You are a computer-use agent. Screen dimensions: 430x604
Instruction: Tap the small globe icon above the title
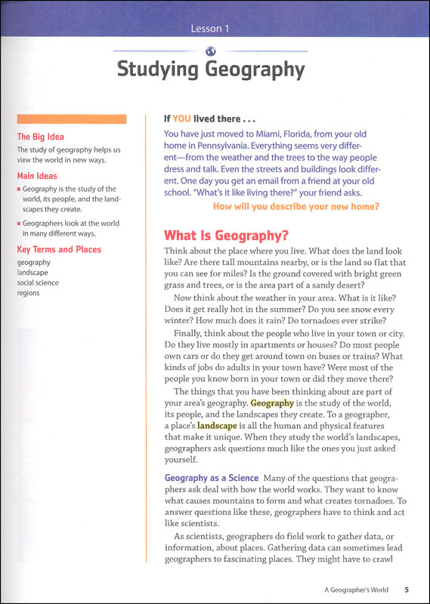(211, 51)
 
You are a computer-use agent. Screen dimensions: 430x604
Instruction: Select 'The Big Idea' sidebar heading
(41, 137)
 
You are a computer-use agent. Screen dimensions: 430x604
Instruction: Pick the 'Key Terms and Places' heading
(59, 249)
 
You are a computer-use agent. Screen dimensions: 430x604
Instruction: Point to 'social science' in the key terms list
(38, 282)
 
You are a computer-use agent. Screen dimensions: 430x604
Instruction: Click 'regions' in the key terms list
(28, 293)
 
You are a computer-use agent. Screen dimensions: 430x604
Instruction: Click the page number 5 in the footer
(407, 590)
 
